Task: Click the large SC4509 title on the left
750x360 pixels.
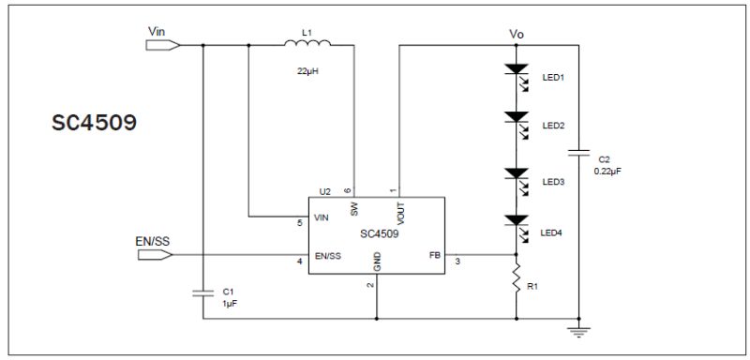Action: pyautogui.click(x=94, y=124)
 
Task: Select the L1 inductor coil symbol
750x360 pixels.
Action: pyautogui.click(x=307, y=44)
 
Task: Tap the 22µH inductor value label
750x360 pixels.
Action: pyautogui.click(x=307, y=71)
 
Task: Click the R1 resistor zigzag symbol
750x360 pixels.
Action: pyautogui.click(x=517, y=280)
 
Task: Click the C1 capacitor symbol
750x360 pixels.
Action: pyautogui.click(x=203, y=292)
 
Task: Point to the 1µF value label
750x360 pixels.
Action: pyautogui.click(x=229, y=304)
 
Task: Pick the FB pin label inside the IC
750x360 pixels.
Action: pyautogui.click(x=435, y=254)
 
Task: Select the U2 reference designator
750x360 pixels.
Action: pyautogui.click(x=324, y=191)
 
